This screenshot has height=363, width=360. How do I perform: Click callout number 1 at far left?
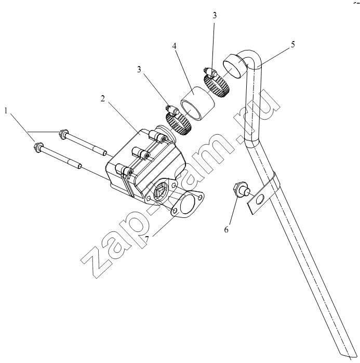(6, 111)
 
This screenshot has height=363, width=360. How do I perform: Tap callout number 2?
(103, 99)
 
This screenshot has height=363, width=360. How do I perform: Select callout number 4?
(174, 46)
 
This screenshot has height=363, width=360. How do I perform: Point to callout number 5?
(292, 44)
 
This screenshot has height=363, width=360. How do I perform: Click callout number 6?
(226, 229)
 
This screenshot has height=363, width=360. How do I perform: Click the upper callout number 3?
(215, 16)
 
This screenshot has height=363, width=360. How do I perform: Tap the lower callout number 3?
(139, 69)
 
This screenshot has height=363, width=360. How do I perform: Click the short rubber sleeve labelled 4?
(198, 103)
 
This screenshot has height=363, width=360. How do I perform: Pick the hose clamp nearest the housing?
(179, 122)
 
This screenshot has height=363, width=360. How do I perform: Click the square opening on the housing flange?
(159, 192)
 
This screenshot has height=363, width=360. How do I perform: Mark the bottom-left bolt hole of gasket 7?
(175, 211)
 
